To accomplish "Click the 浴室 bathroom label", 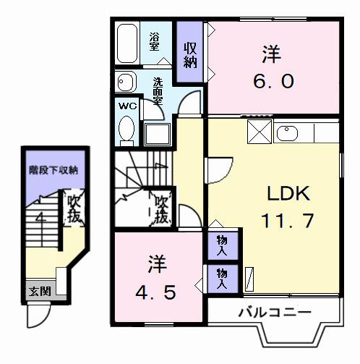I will pos(155,41).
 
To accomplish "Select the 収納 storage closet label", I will pos(191,55).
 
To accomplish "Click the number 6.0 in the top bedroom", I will pos(273,80).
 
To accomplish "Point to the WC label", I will pos(127,106).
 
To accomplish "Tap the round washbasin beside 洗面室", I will pos(125,81).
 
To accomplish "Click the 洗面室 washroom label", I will pos(158,91).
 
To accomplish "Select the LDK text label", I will pos(288,193).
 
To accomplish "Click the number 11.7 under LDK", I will pos(288,219).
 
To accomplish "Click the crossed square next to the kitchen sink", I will pos(258,132).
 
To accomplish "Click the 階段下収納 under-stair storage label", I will pos(53,171).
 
